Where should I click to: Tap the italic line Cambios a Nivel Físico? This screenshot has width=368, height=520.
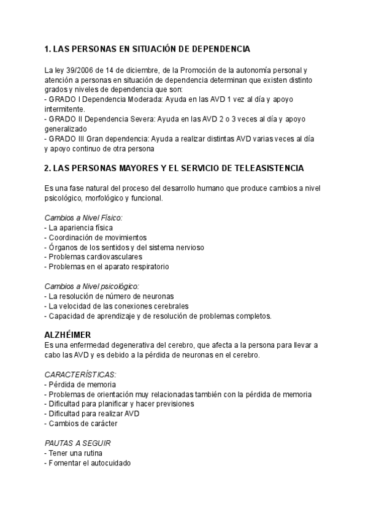click(84, 218)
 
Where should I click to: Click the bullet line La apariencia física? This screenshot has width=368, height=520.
click(79, 227)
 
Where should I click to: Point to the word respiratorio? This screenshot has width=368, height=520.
click(148, 267)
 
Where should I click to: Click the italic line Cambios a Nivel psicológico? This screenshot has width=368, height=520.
click(92, 286)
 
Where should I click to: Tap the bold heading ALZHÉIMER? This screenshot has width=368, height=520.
click(69, 335)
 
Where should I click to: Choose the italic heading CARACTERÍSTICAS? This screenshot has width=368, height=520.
click(80, 374)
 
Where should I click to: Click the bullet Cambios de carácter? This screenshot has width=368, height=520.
click(81, 423)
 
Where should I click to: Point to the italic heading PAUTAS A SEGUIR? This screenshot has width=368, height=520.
click(77, 443)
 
